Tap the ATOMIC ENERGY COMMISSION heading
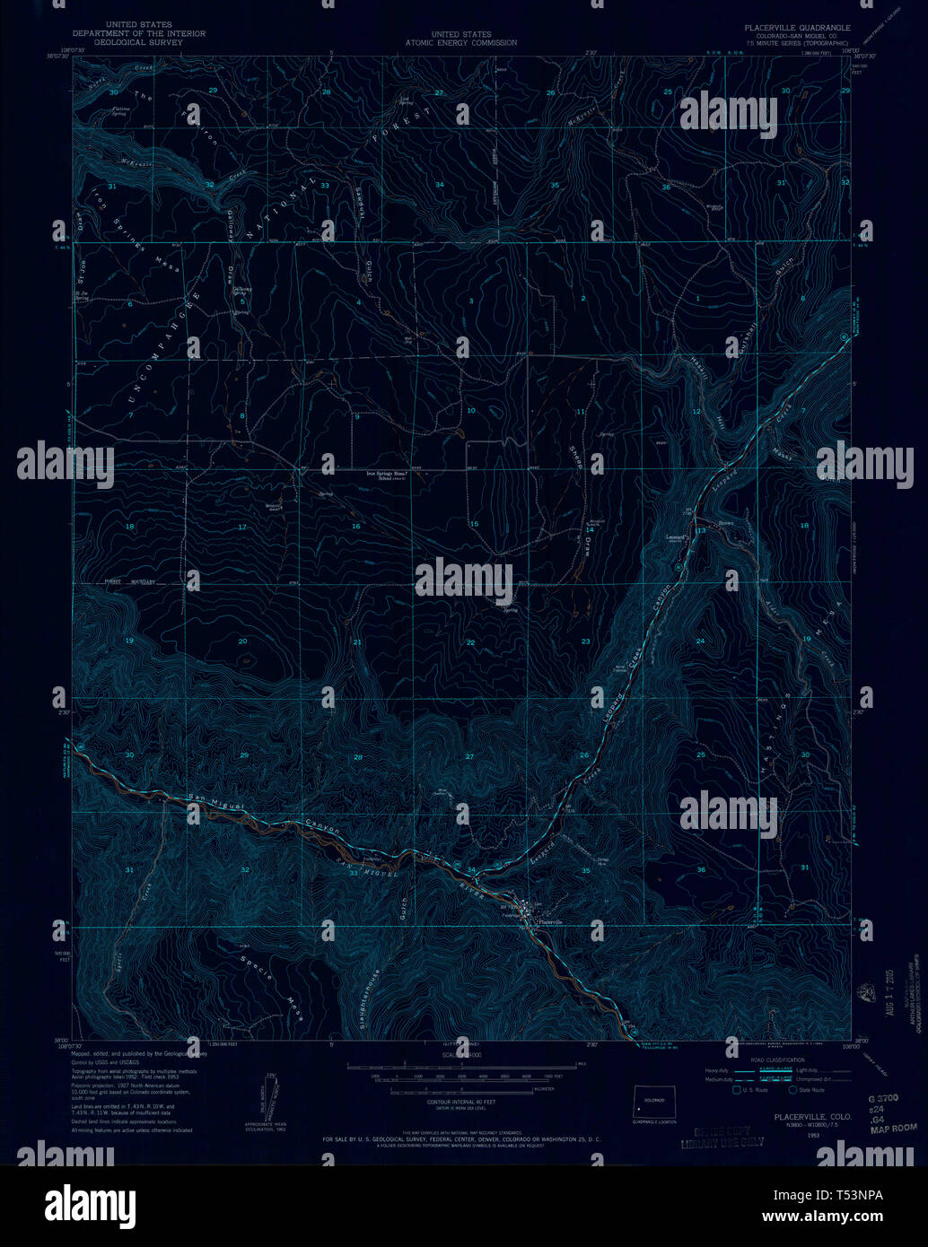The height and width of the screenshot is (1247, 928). click(x=460, y=42)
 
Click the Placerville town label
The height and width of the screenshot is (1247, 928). click(x=550, y=922)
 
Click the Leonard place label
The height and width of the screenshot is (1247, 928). click(x=676, y=538)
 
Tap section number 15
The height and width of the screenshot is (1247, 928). click(x=474, y=524)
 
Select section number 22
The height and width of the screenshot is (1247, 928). click(x=470, y=642)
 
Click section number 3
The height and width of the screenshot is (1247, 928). click(x=470, y=301)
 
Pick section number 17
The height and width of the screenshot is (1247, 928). click(x=241, y=527)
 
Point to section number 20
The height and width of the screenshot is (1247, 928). click(x=242, y=641)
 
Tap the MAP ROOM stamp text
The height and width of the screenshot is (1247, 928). click(x=893, y=1128)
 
